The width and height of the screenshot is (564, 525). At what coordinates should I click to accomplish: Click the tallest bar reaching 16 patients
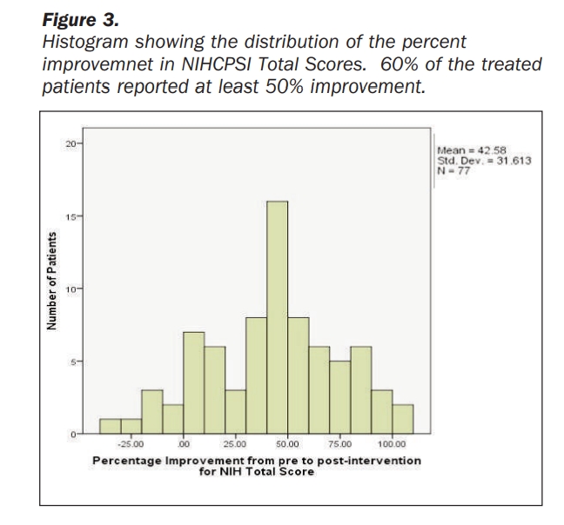[278, 317]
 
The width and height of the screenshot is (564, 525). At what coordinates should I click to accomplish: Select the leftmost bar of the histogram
[110, 425]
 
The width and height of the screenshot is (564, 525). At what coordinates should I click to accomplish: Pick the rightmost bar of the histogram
[403, 418]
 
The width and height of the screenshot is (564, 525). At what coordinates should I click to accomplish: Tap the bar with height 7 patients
[194, 382]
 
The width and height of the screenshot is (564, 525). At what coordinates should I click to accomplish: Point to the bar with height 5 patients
[340, 396]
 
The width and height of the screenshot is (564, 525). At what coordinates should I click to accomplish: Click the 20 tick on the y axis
[72, 143]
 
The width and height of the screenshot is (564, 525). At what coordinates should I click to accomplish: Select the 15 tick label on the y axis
[72, 216]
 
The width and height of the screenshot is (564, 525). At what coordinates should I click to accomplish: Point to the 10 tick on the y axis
[72, 288]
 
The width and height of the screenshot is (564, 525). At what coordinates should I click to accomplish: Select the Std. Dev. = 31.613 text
[483, 160]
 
